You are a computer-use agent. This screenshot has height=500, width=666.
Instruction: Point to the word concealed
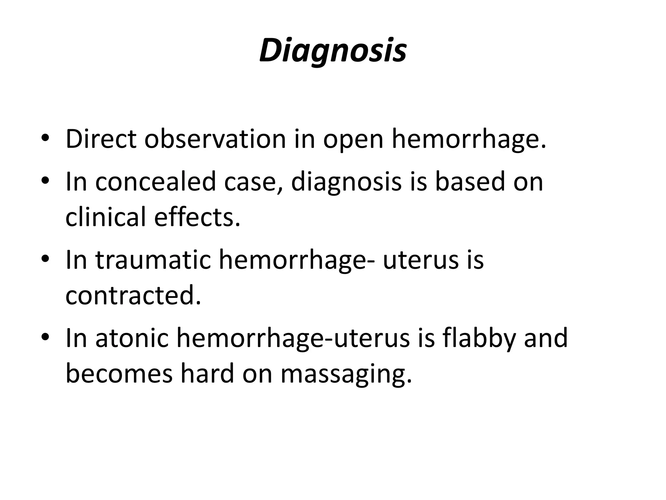(156, 182)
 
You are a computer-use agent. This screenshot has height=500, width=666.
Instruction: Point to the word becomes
(119, 373)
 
